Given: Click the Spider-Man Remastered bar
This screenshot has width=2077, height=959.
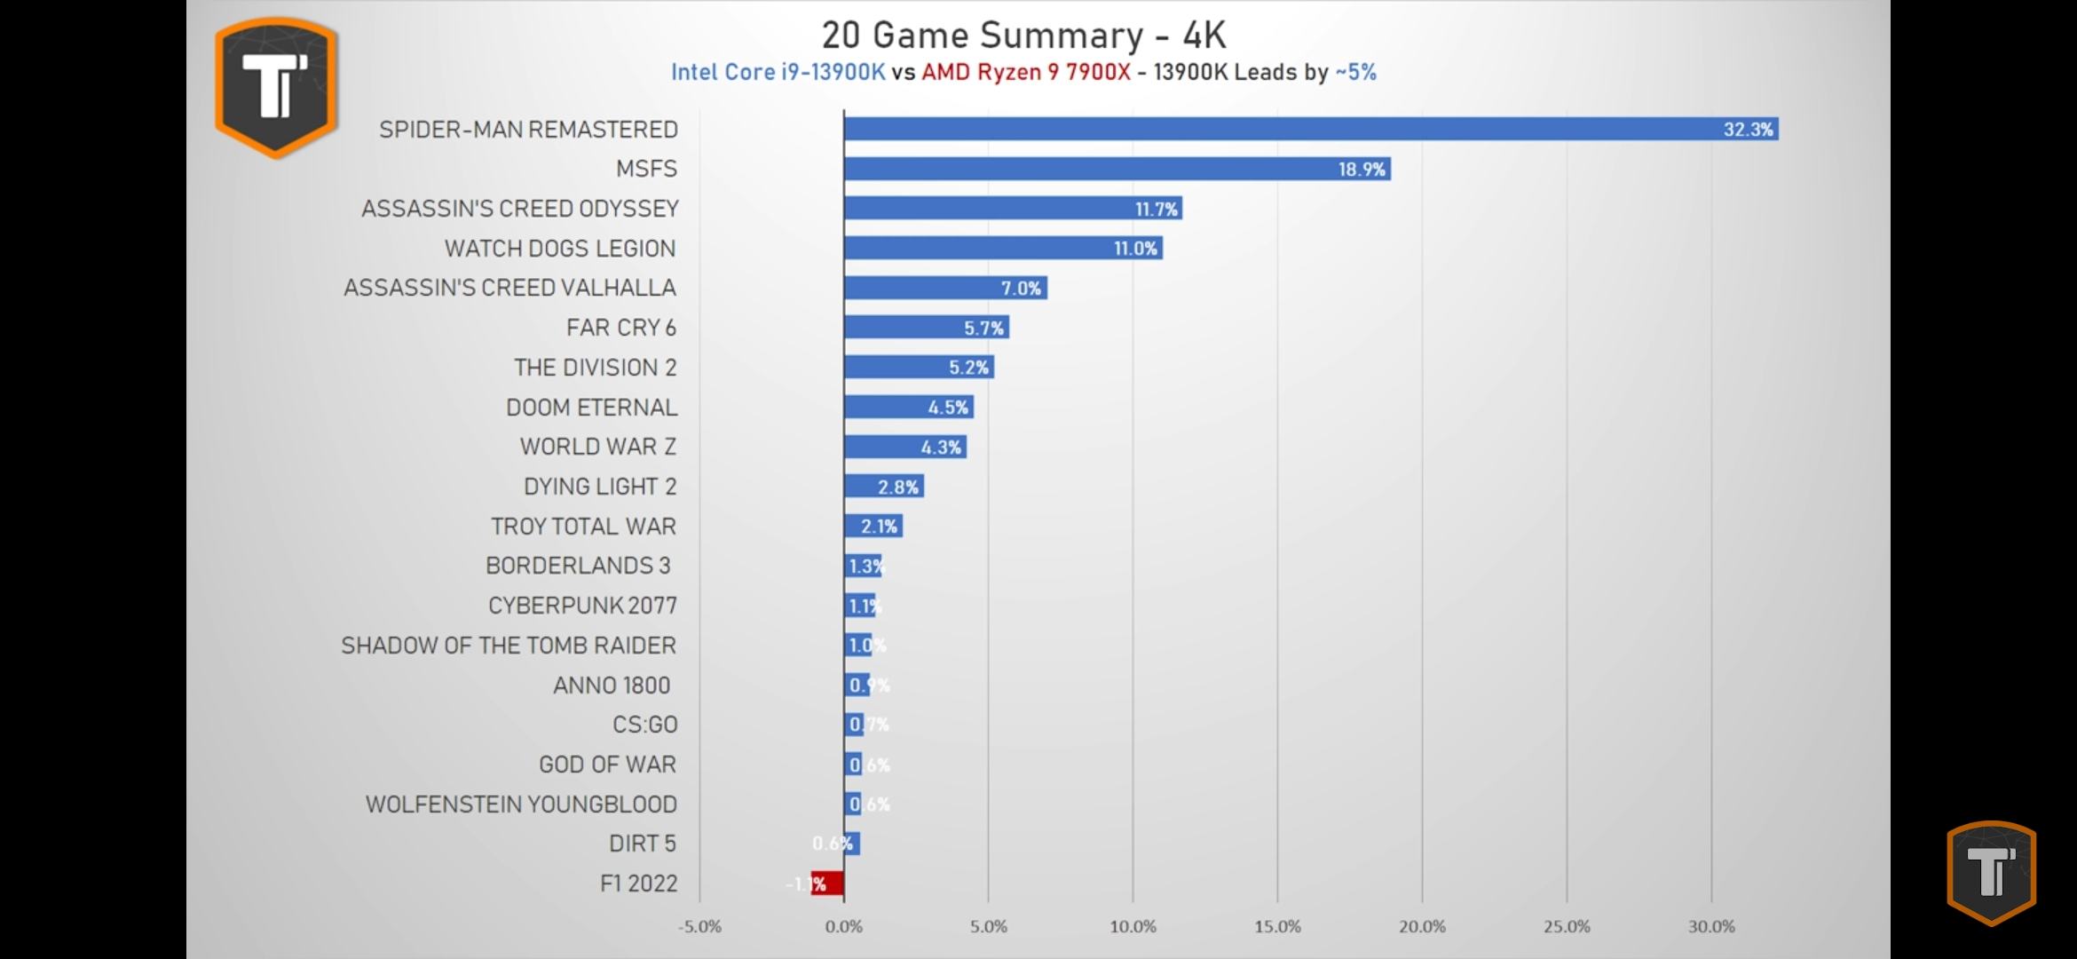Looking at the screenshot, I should pyautogui.click(x=1310, y=130).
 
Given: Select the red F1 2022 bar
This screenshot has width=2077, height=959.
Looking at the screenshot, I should pyautogui.click(x=827, y=884).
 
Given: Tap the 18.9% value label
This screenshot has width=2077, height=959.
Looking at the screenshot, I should pyautogui.click(x=1362, y=170).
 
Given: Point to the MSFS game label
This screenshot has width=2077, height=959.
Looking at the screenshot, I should pyautogui.click(x=646, y=169).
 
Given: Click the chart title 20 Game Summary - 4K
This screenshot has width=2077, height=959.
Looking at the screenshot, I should pyautogui.click(x=1023, y=36).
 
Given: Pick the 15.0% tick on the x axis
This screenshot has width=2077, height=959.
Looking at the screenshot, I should pyautogui.click(x=1277, y=927).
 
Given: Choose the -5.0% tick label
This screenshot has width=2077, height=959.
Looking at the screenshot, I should pyautogui.click(x=699, y=927).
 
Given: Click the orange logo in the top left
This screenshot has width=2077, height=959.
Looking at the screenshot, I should pyautogui.click(x=276, y=87).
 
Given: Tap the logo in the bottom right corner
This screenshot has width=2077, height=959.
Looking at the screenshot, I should pyautogui.click(x=1991, y=873).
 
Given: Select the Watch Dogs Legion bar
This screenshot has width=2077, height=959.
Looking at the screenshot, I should pyautogui.click(x=1003, y=249).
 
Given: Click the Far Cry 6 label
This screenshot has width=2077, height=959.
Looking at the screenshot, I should pyautogui.click(x=621, y=328).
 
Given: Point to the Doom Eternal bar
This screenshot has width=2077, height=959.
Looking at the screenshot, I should pyautogui.click(x=908, y=408).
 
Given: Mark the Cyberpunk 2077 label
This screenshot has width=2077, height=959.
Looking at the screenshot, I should pyautogui.click(x=582, y=606).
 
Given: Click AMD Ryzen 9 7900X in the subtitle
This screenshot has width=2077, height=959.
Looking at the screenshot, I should pyautogui.click(x=1026, y=73).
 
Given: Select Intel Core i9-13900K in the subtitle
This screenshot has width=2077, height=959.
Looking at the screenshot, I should pyautogui.click(x=778, y=73).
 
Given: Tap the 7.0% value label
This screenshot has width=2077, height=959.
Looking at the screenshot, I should pyautogui.click(x=1021, y=289).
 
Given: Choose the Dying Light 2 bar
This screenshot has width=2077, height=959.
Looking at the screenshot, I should pyautogui.click(x=883, y=487).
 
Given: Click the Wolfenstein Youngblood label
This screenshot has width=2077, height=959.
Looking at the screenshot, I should pyautogui.click(x=521, y=804).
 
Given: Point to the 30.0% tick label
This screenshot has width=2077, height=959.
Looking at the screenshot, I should pyautogui.click(x=1711, y=927).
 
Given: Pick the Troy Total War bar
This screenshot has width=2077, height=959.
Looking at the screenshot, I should pyautogui.click(x=873, y=527).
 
